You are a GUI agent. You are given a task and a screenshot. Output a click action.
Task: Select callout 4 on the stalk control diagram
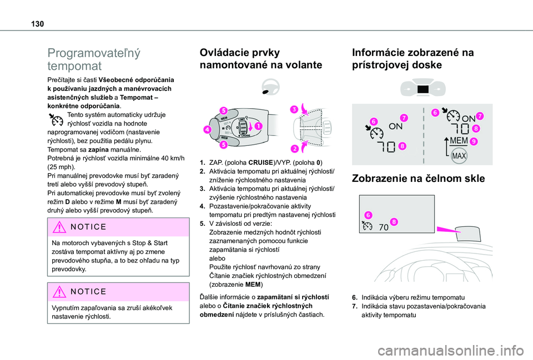pyautogui.click(x=207, y=130)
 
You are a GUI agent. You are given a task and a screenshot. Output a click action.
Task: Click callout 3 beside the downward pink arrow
pyautogui.click(x=292, y=110)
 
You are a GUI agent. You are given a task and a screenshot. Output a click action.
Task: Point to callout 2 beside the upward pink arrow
pyautogui.click(x=294, y=148)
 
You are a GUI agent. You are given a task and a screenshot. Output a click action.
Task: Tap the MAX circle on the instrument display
pyautogui.click(x=459, y=155)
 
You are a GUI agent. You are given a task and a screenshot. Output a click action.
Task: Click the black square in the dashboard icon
pyautogui.click(x=424, y=89)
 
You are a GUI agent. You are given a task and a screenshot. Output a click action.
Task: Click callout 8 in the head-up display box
pyautogui.click(x=393, y=222)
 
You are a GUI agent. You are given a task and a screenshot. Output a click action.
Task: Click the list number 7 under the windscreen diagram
pyautogui.click(x=356, y=306)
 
